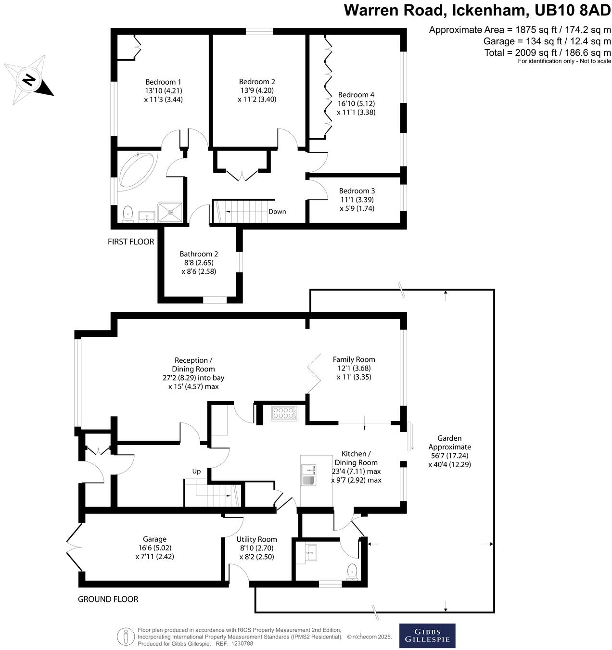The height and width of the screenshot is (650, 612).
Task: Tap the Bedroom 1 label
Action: [x=164, y=82]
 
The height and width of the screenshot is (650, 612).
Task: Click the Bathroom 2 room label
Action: [x=199, y=254]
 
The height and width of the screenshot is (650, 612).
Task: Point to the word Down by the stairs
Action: [x=277, y=212]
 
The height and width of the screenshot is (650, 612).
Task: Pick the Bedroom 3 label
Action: [x=357, y=191]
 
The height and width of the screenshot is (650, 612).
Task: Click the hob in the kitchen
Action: [x=285, y=413]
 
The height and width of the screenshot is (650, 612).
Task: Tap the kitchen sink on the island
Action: [x=308, y=474]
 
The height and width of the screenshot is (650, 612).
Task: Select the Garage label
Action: [x=154, y=539]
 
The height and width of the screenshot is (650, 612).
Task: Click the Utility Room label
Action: [x=256, y=539]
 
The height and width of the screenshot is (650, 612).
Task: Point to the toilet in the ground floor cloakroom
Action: [x=353, y=571]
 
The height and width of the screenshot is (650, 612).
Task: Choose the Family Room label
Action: [x=354, y=359]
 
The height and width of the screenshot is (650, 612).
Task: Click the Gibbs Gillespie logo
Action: [x=427, y=636]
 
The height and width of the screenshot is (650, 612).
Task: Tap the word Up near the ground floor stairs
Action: [x=196, y=472]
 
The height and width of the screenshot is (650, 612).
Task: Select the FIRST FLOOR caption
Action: [x=131, y=242]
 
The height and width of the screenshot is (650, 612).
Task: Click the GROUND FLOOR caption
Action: [x=108, y=599]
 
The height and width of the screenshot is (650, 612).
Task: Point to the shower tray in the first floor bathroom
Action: [x=170, y=212]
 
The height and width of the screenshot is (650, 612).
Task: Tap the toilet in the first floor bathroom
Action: [x=127, y=214]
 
